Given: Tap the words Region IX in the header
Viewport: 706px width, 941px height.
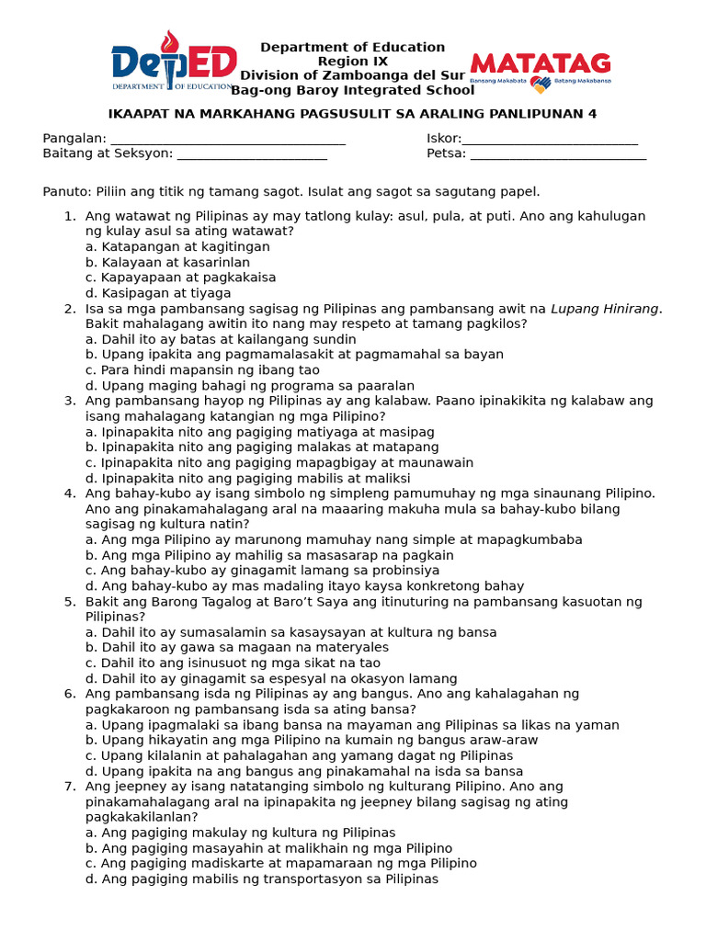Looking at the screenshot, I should [353, 62].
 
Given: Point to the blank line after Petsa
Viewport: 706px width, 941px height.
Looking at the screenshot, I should [558, 155].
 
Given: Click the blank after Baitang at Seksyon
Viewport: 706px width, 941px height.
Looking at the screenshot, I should [252, 155].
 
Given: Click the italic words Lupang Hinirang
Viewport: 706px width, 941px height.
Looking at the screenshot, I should [605, 309].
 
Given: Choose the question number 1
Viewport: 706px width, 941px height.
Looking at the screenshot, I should [69, 217].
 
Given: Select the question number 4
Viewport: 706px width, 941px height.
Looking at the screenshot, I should [69, 493].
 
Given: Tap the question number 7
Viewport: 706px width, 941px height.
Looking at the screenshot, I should [69, 787].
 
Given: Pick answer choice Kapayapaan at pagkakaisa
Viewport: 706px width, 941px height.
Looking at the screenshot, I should [181, 278].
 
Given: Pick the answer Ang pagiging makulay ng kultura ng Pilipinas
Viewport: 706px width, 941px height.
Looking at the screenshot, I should [240, 833].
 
